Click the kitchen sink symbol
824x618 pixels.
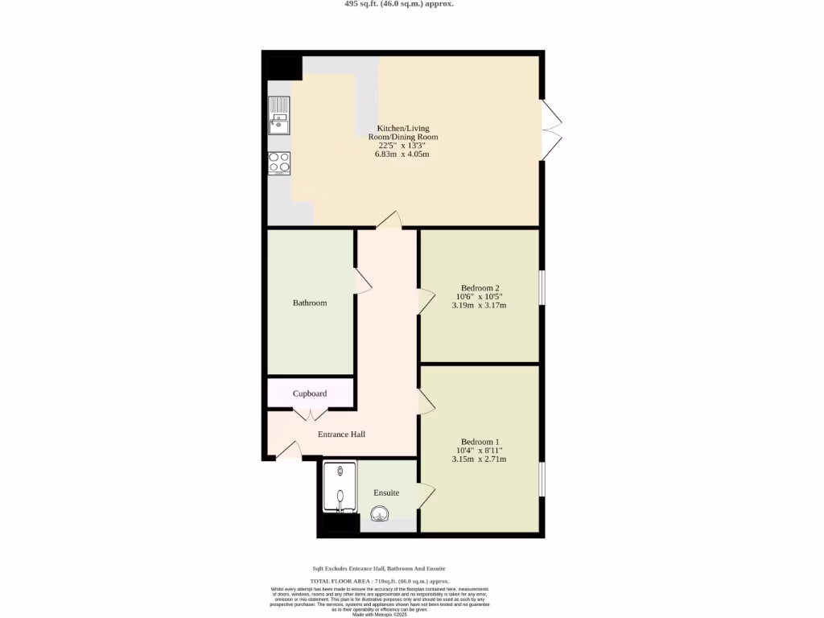(x=279, y=115)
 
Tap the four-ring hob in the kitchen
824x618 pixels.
(x=279, y=163)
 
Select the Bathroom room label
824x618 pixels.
(x=310, y=303)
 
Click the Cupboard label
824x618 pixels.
(x=310, y=393)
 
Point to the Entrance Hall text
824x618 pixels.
(x=341, y=435)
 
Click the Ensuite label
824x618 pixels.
(x=386, y=492)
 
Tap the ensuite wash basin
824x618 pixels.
(x=380, y=513)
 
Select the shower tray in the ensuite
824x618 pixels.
(x=339, y=487)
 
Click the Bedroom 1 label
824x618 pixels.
(x=480, y=442)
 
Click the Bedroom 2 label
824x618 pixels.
(x=480, y=288)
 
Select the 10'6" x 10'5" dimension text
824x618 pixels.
(x=480, y=297)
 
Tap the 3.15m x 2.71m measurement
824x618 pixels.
(x=480, y=459)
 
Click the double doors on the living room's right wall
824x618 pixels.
(x=551, y=130)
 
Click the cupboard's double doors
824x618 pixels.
(x=310, y=414)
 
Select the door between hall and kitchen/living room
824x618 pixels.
(x=388, y=220)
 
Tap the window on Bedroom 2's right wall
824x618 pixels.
(x=542, y=288)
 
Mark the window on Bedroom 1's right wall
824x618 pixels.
(x=542, y=478)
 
